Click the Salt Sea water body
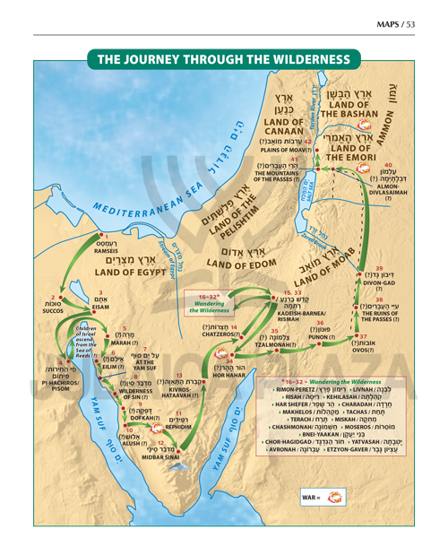point(328,188)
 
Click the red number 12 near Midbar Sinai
point(159,442)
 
